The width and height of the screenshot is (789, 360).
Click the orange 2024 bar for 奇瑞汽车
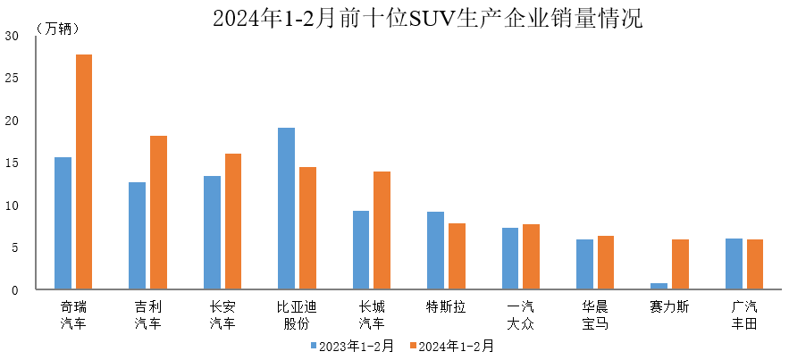tap(84, 172)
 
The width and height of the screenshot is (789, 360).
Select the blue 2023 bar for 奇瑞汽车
tap(63, 223)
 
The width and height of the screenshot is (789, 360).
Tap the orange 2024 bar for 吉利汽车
tap(158, 213)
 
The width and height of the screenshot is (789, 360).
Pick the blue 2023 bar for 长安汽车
tap(212, 232)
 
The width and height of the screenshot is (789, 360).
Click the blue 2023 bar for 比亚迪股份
tap(286, 209)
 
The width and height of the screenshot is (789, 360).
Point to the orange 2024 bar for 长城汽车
tap(382, 230)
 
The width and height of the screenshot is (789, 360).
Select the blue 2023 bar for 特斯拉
tap(435, 250)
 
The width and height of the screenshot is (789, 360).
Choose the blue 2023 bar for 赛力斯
tap(659, 286)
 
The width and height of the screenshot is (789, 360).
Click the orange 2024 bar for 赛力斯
tap(680, 264)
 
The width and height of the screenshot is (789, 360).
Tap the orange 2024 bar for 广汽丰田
tap(754, 264)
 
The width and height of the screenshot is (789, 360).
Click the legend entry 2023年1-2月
tap(352, 346)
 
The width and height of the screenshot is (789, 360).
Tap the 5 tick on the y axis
tap(14, 248)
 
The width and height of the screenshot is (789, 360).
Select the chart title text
tap(427, 18)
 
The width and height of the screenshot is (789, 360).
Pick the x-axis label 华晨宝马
tap(594, 314)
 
